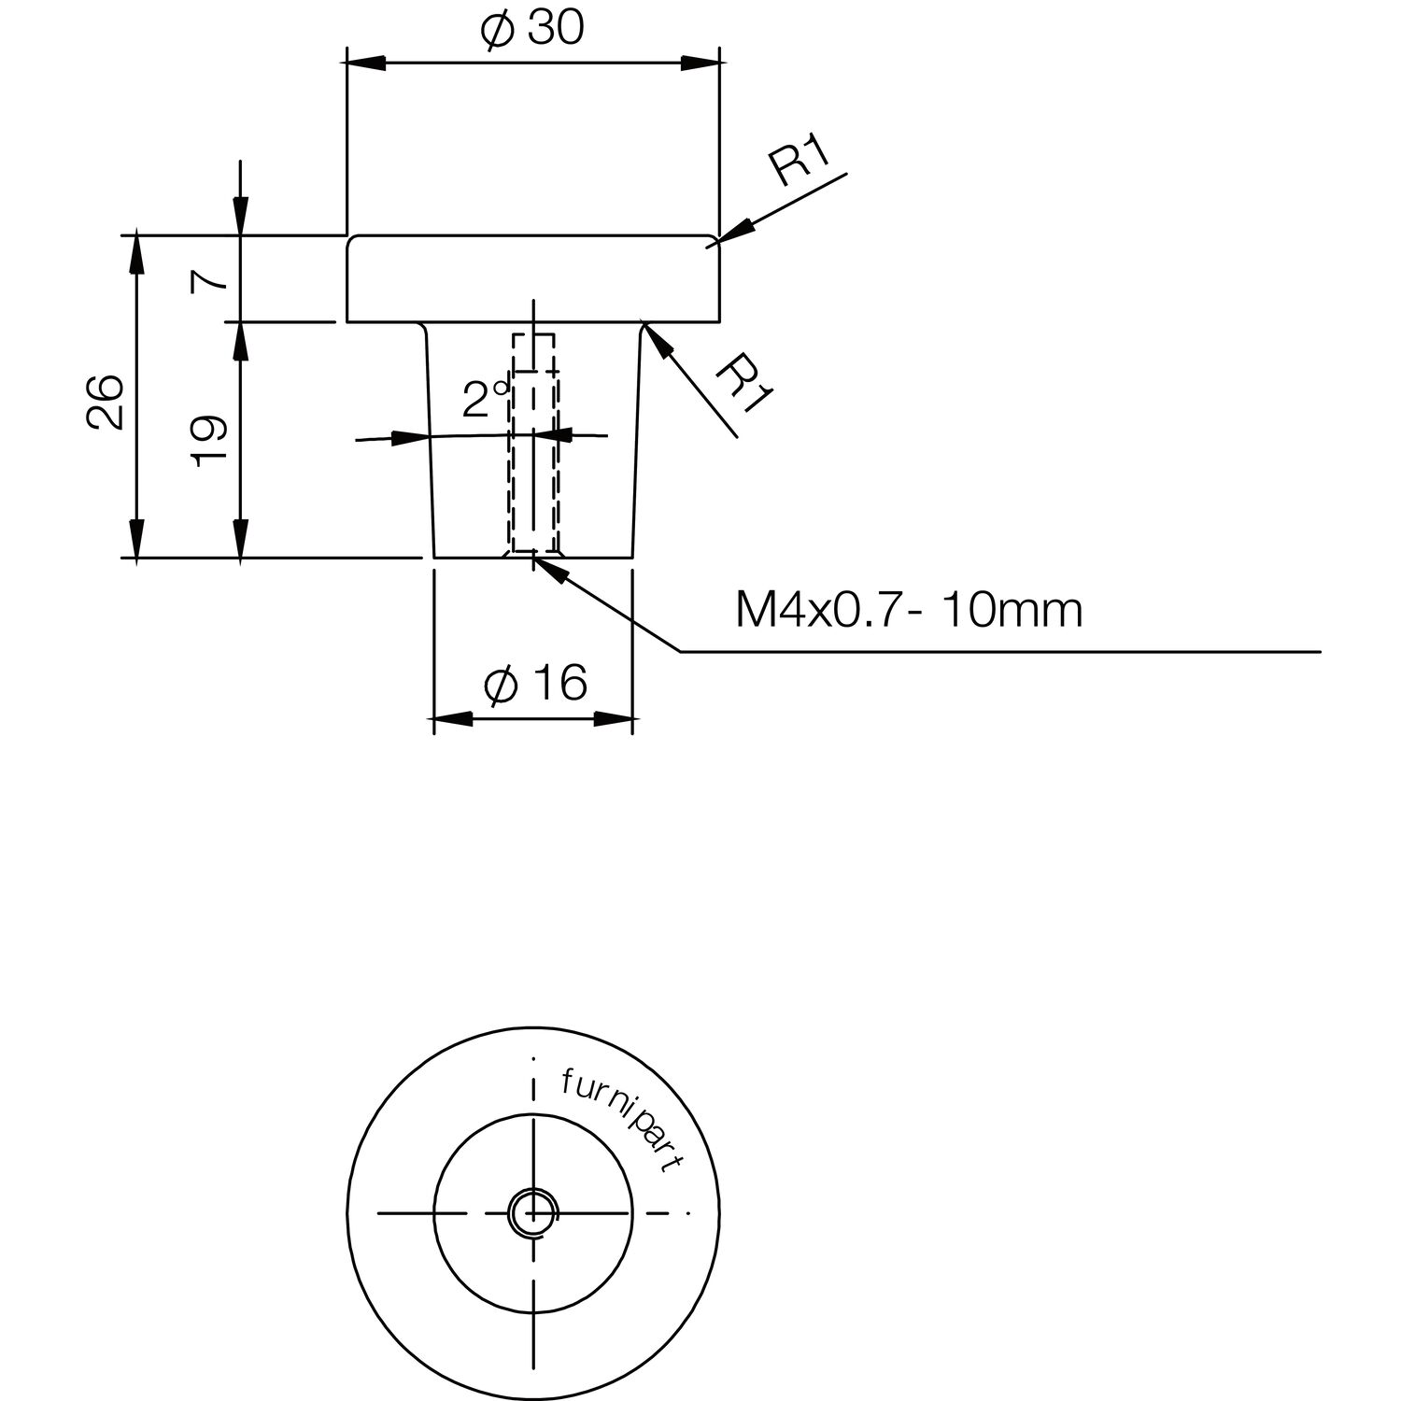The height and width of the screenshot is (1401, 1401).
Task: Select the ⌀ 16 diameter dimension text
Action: pyautogui.click(x=535, y=685)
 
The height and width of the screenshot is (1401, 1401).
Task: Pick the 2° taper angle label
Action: pyautogui.click(x=486, y=400)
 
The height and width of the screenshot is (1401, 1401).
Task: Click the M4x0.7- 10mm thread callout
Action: pyautogui.click(x=909, y=611)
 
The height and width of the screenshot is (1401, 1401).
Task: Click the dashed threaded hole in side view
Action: pyautogui.click(x=534, y=443)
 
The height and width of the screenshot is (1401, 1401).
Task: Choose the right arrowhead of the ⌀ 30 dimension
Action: pyautogui.click(x=700, y=63)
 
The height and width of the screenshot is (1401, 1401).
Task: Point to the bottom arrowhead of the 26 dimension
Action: pyautogui.click(x=137, y=539)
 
